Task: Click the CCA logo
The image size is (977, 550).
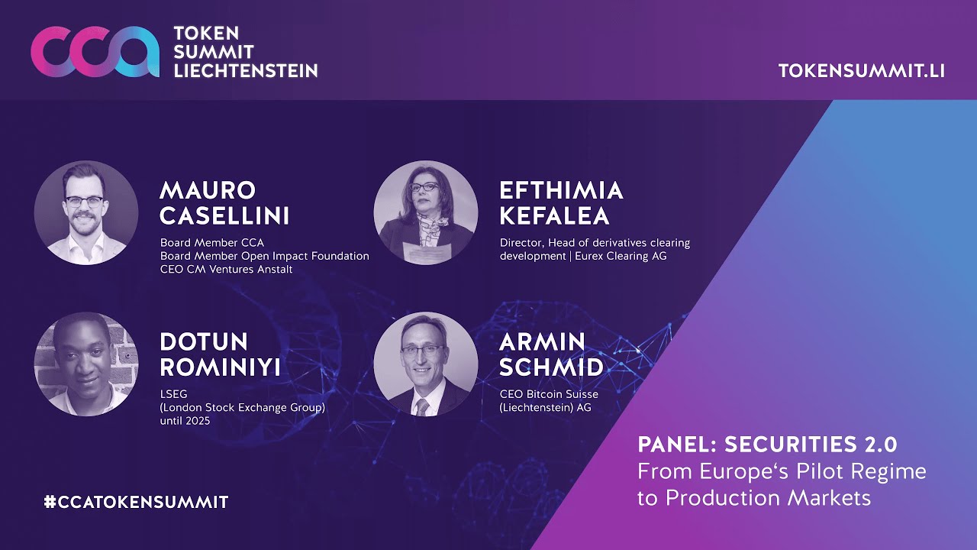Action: tap(95, 52)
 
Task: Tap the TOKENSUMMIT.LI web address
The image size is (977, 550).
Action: tap(862, 71)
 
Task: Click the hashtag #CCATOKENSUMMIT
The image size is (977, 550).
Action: tap(136, 502)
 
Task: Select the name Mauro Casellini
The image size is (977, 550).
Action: tap(224, 203)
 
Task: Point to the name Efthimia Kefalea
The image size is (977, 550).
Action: tap(561, 203)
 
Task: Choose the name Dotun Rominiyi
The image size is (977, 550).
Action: tap(221, 354)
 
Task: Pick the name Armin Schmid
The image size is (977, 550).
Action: tap(551, 354)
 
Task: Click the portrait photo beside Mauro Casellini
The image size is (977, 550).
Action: tap(86, 212)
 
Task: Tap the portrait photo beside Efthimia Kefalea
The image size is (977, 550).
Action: tap(426, 212)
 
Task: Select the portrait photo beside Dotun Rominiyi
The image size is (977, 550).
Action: tap(86, 364)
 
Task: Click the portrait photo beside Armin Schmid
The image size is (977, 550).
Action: tap(426, 364)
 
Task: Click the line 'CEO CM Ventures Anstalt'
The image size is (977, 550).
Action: tap(226, 270)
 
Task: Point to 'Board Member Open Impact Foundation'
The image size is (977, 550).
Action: tap(264, 256)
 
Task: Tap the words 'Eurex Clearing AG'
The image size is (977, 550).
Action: tap(621, 256)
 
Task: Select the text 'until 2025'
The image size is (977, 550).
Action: tap(185, 421)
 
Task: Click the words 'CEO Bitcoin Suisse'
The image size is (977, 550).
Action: tap(549, 394)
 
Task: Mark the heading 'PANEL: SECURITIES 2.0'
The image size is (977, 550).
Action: tap(767, 445)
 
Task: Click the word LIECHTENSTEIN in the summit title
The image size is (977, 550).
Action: tap(246, 71)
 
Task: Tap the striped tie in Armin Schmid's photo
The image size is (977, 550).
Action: tap(422, 407)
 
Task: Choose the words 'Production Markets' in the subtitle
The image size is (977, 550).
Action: tap(768, 498)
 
